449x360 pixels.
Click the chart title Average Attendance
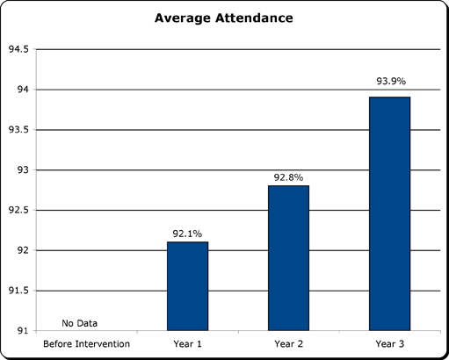point(224,18)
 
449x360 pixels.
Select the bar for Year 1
point(187,286)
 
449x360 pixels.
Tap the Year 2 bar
point(288,258)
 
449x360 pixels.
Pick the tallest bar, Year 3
point(389,213)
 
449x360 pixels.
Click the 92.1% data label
point(187,234)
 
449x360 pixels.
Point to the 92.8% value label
point(288,177)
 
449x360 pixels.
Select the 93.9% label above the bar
point(391,81)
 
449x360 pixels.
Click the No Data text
point(79,323)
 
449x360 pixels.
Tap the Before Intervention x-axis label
point(86,344)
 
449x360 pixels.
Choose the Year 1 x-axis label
point(187,344)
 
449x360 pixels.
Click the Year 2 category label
point(288,344)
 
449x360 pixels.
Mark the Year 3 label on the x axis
point(390,344)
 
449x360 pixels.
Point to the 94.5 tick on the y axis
point(18,49)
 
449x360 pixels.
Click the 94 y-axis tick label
point(23,90)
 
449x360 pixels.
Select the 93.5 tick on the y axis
point(18,130)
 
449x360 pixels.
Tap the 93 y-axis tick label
point(23,169)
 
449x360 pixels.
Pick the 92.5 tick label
point(18,210)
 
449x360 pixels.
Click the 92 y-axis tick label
point(23,250)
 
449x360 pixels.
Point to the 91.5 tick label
point(18,291)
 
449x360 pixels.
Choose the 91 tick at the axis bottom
point(23,331)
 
